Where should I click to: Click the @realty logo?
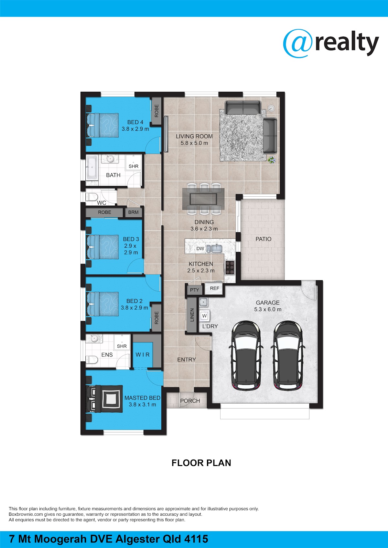tap(331, 44)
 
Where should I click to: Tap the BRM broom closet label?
tap(133, 212)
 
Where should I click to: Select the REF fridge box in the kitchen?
tap(214, 288)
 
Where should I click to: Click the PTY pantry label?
tap(195, 290)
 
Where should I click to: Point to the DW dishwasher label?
tap(200, 249)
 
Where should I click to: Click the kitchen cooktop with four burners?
tap(230, 267)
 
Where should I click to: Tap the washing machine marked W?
tap(204, 315)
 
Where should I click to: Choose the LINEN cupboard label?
tap(192, 315)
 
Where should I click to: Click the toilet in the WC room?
tap(92, 196)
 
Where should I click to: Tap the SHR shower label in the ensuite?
tap(122, 346)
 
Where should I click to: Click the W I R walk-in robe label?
tap(142, 355)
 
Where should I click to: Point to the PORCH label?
tap(190, 401)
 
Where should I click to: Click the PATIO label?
tap(263, 239)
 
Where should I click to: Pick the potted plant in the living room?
tap(272, 160)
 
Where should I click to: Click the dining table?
tap(203, 199)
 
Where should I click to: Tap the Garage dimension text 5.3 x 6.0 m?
tap(268, 309)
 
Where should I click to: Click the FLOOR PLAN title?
tap(201, 463)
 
